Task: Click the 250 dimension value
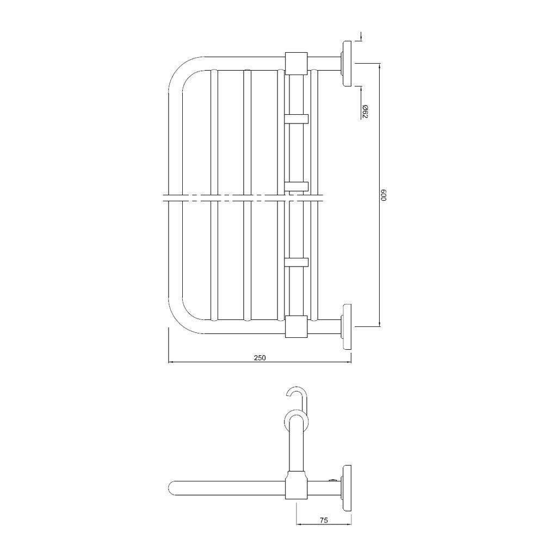(260, 357)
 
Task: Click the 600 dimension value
(383, 195)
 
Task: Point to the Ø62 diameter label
(365, 111)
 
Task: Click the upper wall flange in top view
(345, 63)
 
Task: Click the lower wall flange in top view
(345, 326)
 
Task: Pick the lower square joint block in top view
(296, 326)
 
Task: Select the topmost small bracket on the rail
(296, 118)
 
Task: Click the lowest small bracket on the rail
(296, 262)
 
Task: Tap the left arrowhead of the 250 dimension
(170, 361)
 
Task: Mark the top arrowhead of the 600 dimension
(379, 66)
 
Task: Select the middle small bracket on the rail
(296, 187)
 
